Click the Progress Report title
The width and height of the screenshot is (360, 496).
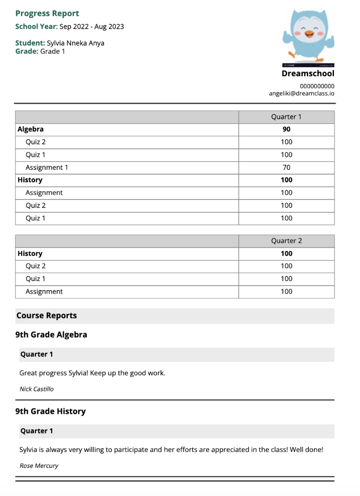point(47,14)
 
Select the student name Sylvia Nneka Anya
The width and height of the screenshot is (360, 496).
point(75,43)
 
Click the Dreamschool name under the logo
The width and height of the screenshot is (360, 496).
point(307,74)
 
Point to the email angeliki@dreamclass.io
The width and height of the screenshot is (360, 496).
point(301,93)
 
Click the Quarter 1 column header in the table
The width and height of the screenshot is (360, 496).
point(286,117)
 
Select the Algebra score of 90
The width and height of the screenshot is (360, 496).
point(286,129)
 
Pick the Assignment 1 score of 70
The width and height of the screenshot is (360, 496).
point(286,167)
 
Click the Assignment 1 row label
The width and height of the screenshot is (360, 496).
point(47,167)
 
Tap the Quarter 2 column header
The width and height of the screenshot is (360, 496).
point(286,241)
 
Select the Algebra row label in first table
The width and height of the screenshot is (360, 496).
point(31,129)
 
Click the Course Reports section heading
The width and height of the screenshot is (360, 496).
point(47,316)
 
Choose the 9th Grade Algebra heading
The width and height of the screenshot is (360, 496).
point(51,335)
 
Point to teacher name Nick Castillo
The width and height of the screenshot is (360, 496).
point(36,389)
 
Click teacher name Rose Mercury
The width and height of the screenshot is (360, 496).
point(39,465)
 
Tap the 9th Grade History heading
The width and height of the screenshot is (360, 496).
point(51,411)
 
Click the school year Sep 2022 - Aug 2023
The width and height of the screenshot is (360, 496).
point(91,27)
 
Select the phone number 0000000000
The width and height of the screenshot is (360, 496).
point(316,86)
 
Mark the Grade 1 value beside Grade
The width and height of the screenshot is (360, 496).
point(53,51)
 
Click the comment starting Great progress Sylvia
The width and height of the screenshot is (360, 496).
point(92,373)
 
